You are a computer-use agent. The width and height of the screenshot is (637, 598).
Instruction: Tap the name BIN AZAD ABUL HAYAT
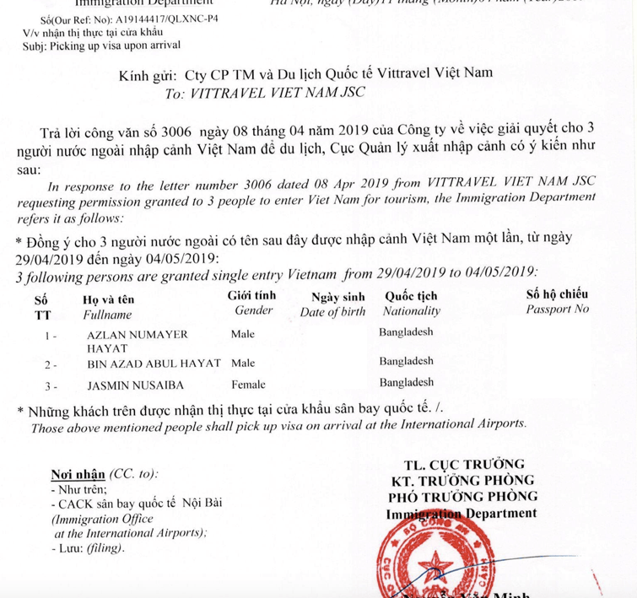click(x=154, y=364)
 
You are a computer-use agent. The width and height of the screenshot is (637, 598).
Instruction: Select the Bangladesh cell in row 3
click(x=408, y=382)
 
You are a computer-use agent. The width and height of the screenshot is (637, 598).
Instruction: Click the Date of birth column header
click(x=334, y=311)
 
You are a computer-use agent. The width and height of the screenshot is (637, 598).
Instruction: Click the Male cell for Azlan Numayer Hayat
click(x=242, y=334)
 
